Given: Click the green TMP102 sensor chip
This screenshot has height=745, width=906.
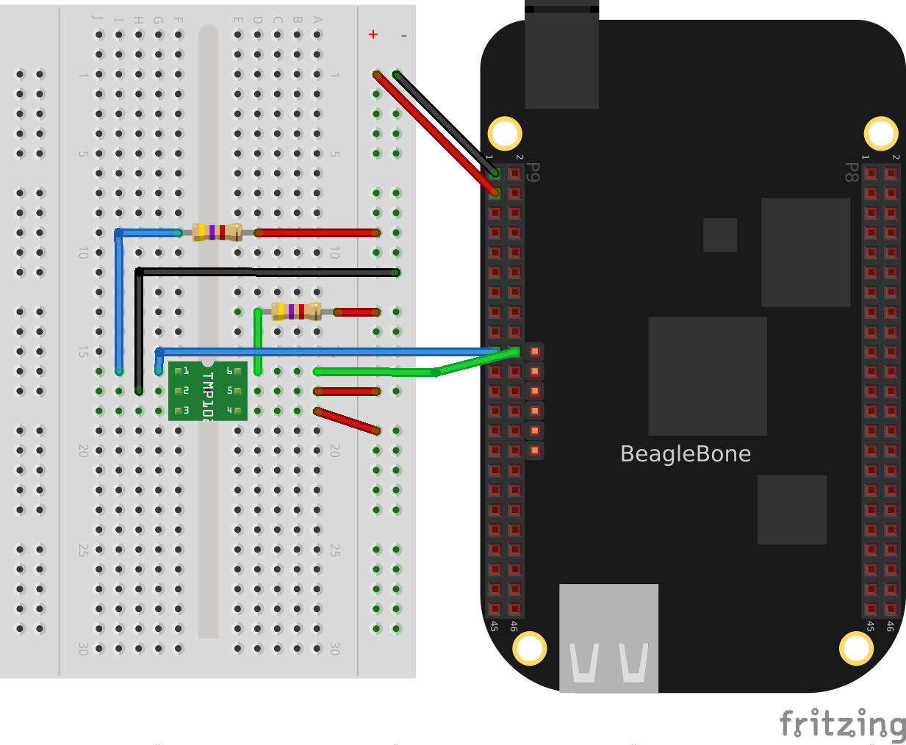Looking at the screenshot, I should [208, 391].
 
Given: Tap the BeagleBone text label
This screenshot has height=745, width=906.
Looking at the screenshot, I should [685, 454].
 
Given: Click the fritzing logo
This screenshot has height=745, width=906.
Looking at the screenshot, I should [842, 724].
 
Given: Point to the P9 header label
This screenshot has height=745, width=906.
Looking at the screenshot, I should [534, 173].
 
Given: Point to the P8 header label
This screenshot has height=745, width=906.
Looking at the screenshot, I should [852, 173].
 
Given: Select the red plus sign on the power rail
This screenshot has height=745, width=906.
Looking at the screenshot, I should [373, 35].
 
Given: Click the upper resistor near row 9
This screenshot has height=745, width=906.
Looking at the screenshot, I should [217, 233].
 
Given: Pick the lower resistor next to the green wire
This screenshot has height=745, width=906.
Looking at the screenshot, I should [296, 312].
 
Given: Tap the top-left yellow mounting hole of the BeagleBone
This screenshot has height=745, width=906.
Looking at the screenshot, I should [505, 134].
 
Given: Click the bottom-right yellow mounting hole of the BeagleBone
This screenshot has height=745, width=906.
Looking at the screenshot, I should [856, 648].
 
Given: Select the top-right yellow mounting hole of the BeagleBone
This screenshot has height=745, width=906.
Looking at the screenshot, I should [880, 134].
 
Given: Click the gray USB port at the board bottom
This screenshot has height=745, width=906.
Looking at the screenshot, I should [608, 638].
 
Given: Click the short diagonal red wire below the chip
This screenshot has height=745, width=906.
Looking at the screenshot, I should [347, 421].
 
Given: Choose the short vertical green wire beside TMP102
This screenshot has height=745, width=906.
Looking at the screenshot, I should [258, 342].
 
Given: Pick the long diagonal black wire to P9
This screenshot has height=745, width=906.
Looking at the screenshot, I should [445, 123].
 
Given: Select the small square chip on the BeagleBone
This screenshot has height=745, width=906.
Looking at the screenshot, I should [720, 235].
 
